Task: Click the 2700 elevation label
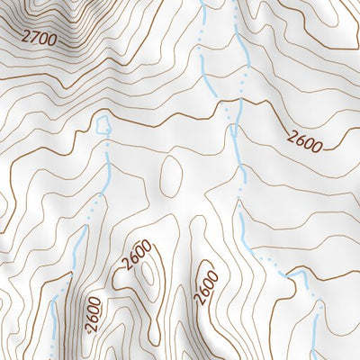click(x=39, y=39)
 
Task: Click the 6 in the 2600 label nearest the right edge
click(x=301, y=137)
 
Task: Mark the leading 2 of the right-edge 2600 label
click(x=293, y=133)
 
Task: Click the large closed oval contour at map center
click(x=170, y=176)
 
